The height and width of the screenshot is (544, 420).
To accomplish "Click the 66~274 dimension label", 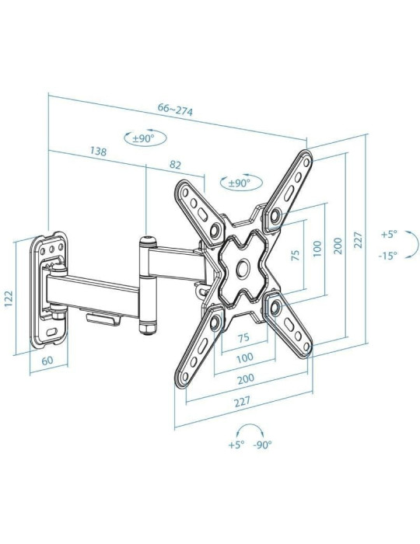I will pyautogui.click(x=175, y=110).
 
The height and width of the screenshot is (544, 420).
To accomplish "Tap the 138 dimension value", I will pyautogui.click(x=99, y=152).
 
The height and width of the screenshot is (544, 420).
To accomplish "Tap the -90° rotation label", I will pyautogui.click(x=262, y=445).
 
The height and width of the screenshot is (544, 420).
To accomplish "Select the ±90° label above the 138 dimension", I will pyautogui.click(x=143, y=138).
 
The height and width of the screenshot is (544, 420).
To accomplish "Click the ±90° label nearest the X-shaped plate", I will pyautogui.click(x=238, y=183).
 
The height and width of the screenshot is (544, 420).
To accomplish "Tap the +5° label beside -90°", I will pyautogui.click(x=236, y=445).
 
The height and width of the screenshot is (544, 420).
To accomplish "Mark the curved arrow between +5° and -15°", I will pyautogui.click(x=411, y=244).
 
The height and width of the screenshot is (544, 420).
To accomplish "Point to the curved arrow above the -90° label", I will pyautogui.click(x=250, y=430).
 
